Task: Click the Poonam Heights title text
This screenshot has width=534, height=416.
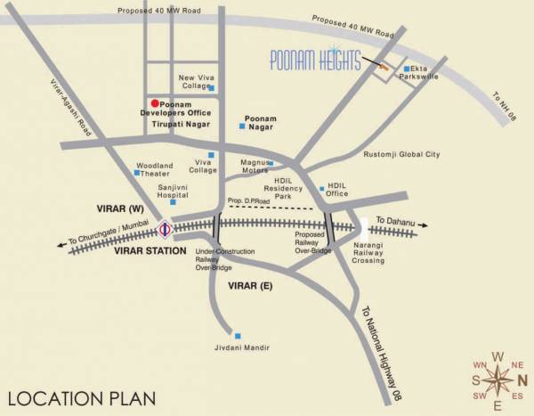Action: (317, 61)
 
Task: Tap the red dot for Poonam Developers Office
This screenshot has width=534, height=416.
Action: (154, 104)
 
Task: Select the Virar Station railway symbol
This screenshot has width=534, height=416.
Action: (165, 231)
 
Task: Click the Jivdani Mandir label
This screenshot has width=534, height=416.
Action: (240, 347)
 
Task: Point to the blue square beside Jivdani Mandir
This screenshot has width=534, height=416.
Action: (237, 335)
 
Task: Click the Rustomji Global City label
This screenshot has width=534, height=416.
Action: (402, 154)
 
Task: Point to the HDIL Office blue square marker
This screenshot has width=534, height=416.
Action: (322, 189)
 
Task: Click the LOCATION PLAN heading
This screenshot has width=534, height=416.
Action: (80, 397)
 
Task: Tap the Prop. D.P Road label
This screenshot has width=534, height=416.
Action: (248, 201)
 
